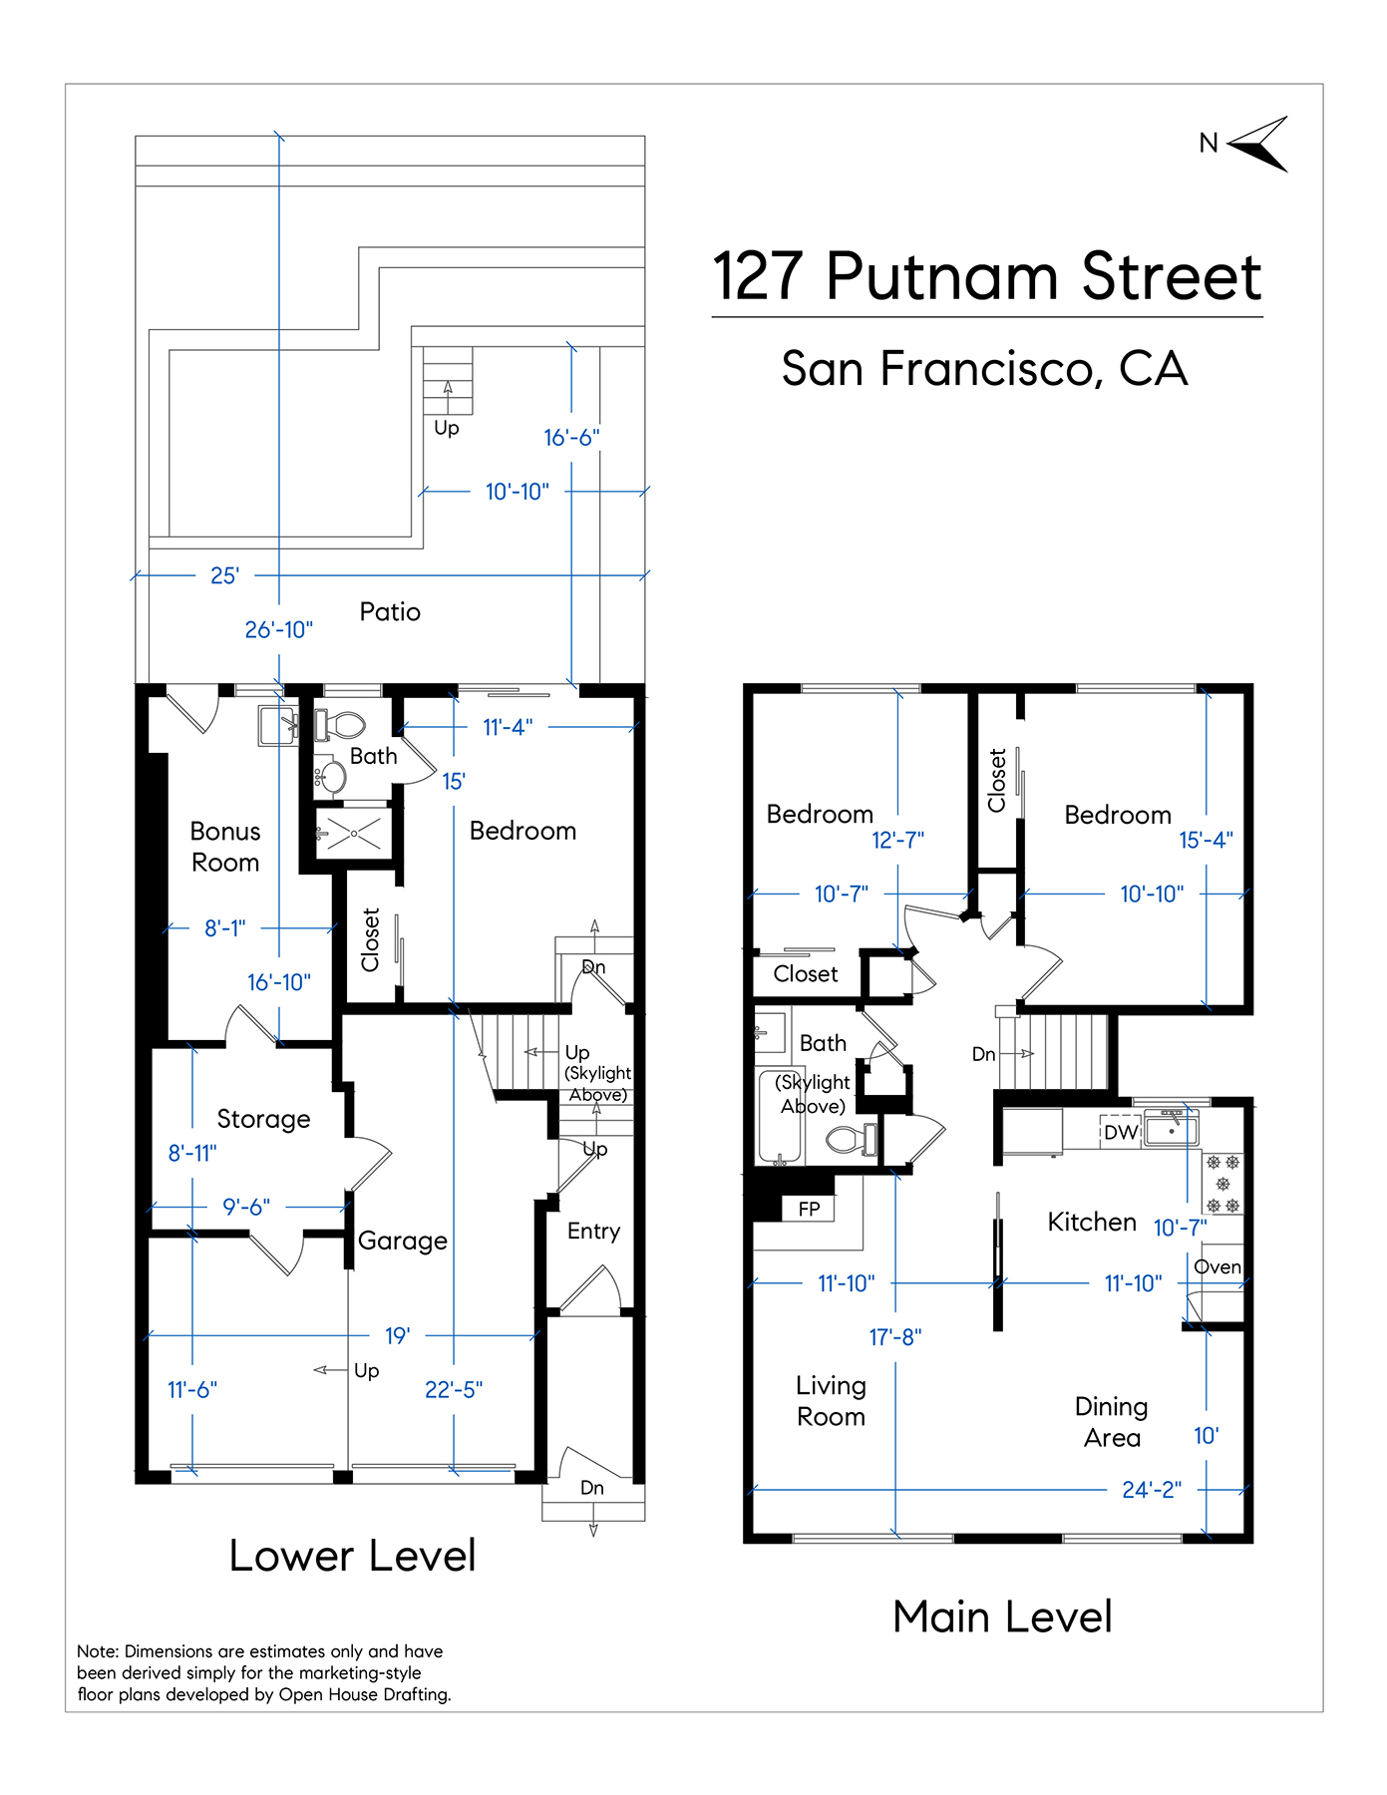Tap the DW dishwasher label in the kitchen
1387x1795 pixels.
click(1121, 1132)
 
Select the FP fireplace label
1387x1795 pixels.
click(809, 1209)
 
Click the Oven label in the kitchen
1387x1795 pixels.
click(1217, 1266)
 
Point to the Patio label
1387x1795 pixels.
click(390, 611)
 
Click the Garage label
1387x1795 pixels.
click(403, 1241)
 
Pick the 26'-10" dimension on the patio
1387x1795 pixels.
click(279, 629)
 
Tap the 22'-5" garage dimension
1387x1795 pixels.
click(454, 1389)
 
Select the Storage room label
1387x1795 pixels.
click(263, 1119)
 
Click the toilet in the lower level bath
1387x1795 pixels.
click(340, 725)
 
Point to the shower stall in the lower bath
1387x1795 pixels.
click(353, 833)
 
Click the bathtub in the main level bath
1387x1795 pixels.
click(782, 1117)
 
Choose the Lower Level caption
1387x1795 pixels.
click(353, 1556)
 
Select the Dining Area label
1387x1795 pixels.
click(1112, 1422)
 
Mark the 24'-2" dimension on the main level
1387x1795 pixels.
click(1152, 1490)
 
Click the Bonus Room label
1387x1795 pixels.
click(225, 847)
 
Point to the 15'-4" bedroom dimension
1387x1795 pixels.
click(1207, 840)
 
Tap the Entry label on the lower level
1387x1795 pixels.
click(593, 1232)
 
